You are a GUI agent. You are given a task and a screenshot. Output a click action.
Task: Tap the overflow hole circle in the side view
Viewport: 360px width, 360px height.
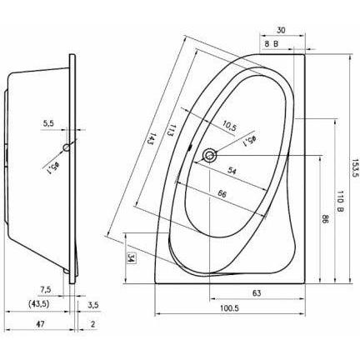(x=67, y=147)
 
